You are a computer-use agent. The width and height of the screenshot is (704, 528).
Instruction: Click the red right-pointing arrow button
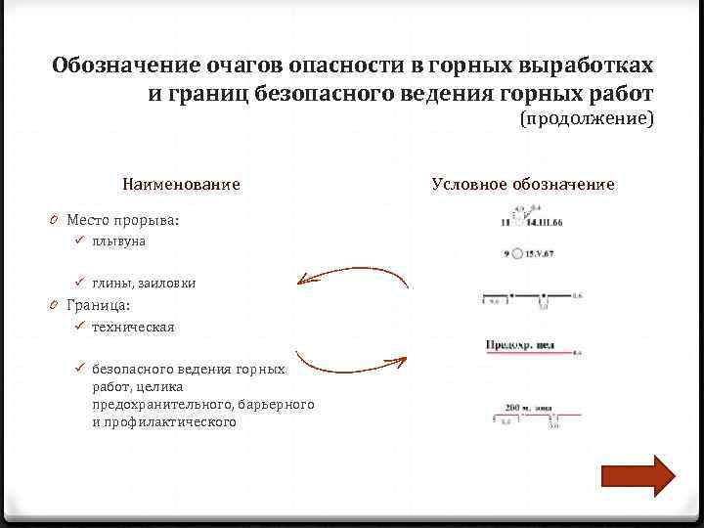point(638,477)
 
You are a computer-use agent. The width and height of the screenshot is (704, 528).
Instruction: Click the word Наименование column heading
point(181,184)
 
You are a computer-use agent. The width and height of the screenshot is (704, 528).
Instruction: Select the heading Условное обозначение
point(523,184)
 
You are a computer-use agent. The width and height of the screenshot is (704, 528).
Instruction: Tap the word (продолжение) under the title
point(586,119)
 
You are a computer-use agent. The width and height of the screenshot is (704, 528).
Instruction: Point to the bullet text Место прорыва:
point(122,220)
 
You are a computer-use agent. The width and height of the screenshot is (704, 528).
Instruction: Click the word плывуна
point(118,241)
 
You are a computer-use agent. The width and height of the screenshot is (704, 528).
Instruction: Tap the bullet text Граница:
point(99,304)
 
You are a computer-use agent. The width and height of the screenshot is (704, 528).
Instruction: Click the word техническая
point(133,327)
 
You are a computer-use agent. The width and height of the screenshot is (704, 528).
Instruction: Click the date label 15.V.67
point(536,254)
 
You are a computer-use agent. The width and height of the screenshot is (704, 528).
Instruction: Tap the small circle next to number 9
point(517,254)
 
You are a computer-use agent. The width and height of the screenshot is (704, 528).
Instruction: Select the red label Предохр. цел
point(520,345)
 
